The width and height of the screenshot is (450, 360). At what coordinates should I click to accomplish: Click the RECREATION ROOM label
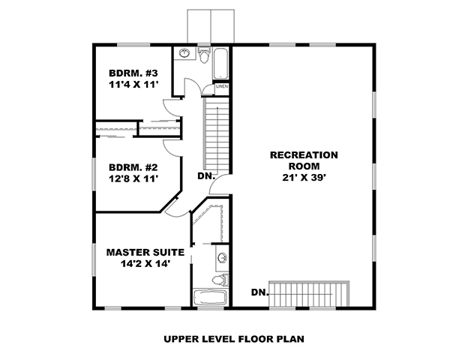click(x=304, y=160)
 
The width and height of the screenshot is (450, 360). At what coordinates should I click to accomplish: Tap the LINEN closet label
click(x=222, y=87)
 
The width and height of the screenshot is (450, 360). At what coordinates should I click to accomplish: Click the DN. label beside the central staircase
click(x=207, y=177)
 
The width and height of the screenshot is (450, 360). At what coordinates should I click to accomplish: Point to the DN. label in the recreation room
click(x=259, y=292)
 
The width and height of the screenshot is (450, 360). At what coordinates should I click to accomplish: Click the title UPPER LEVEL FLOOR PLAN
click(x=234, y=338)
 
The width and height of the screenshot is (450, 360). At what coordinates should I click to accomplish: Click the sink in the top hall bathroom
click(x=184, y=53)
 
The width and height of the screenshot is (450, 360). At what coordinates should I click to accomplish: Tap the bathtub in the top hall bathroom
click(x=221, y=64)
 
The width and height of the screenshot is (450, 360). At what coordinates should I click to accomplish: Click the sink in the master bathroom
click(x=221, y=259)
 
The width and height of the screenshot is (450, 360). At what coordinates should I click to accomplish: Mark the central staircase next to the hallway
click(x=215, y=135)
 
